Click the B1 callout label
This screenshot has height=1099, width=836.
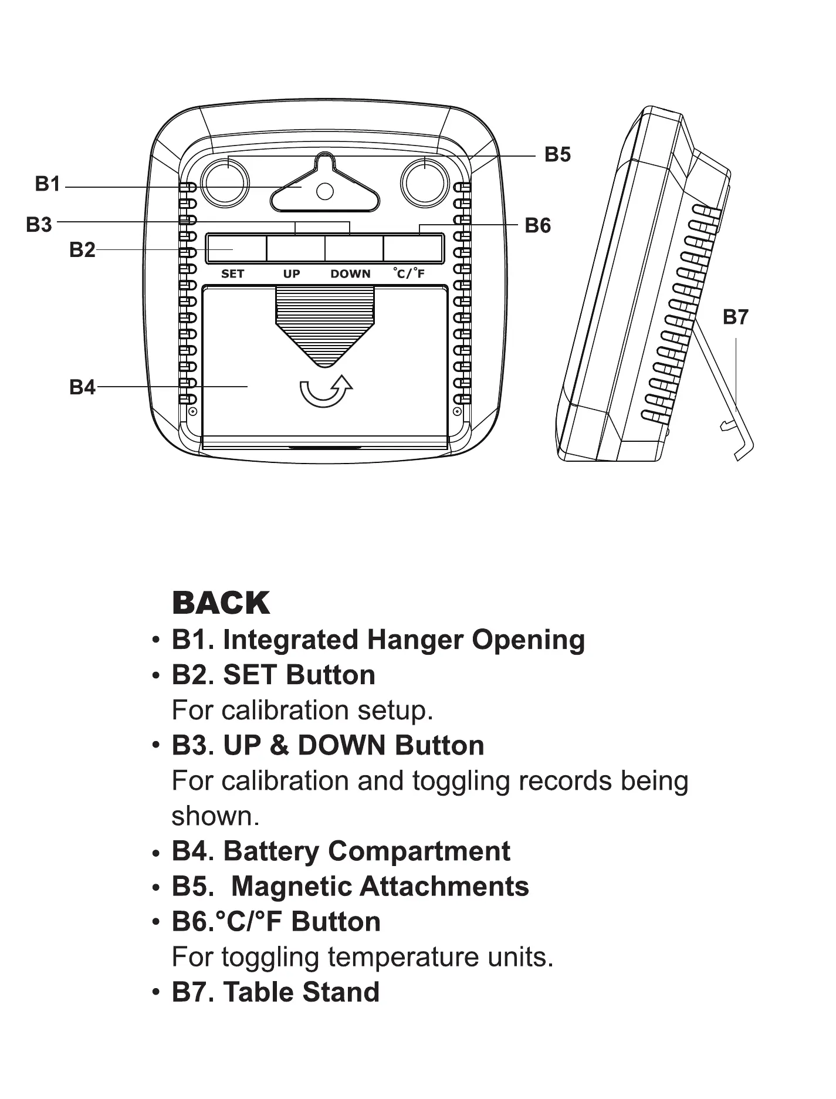click(48, 184)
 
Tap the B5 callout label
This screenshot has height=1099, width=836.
click(557, 155)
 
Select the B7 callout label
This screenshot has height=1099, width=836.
click(735, 317)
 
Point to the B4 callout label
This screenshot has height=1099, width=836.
click(82, 387)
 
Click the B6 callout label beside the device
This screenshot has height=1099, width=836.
click(537, 226)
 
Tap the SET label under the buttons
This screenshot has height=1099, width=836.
click(232, 274)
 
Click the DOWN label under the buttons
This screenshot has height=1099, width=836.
click(350, 274)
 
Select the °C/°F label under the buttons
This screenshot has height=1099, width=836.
click(409, 273)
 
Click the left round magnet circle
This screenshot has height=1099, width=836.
click(225, 182)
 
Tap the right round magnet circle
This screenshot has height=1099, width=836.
click(425, 182)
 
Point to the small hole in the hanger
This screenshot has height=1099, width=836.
click(324, 191)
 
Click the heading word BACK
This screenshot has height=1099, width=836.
click(221, 603)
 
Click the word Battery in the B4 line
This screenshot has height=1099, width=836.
click(271, 851)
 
